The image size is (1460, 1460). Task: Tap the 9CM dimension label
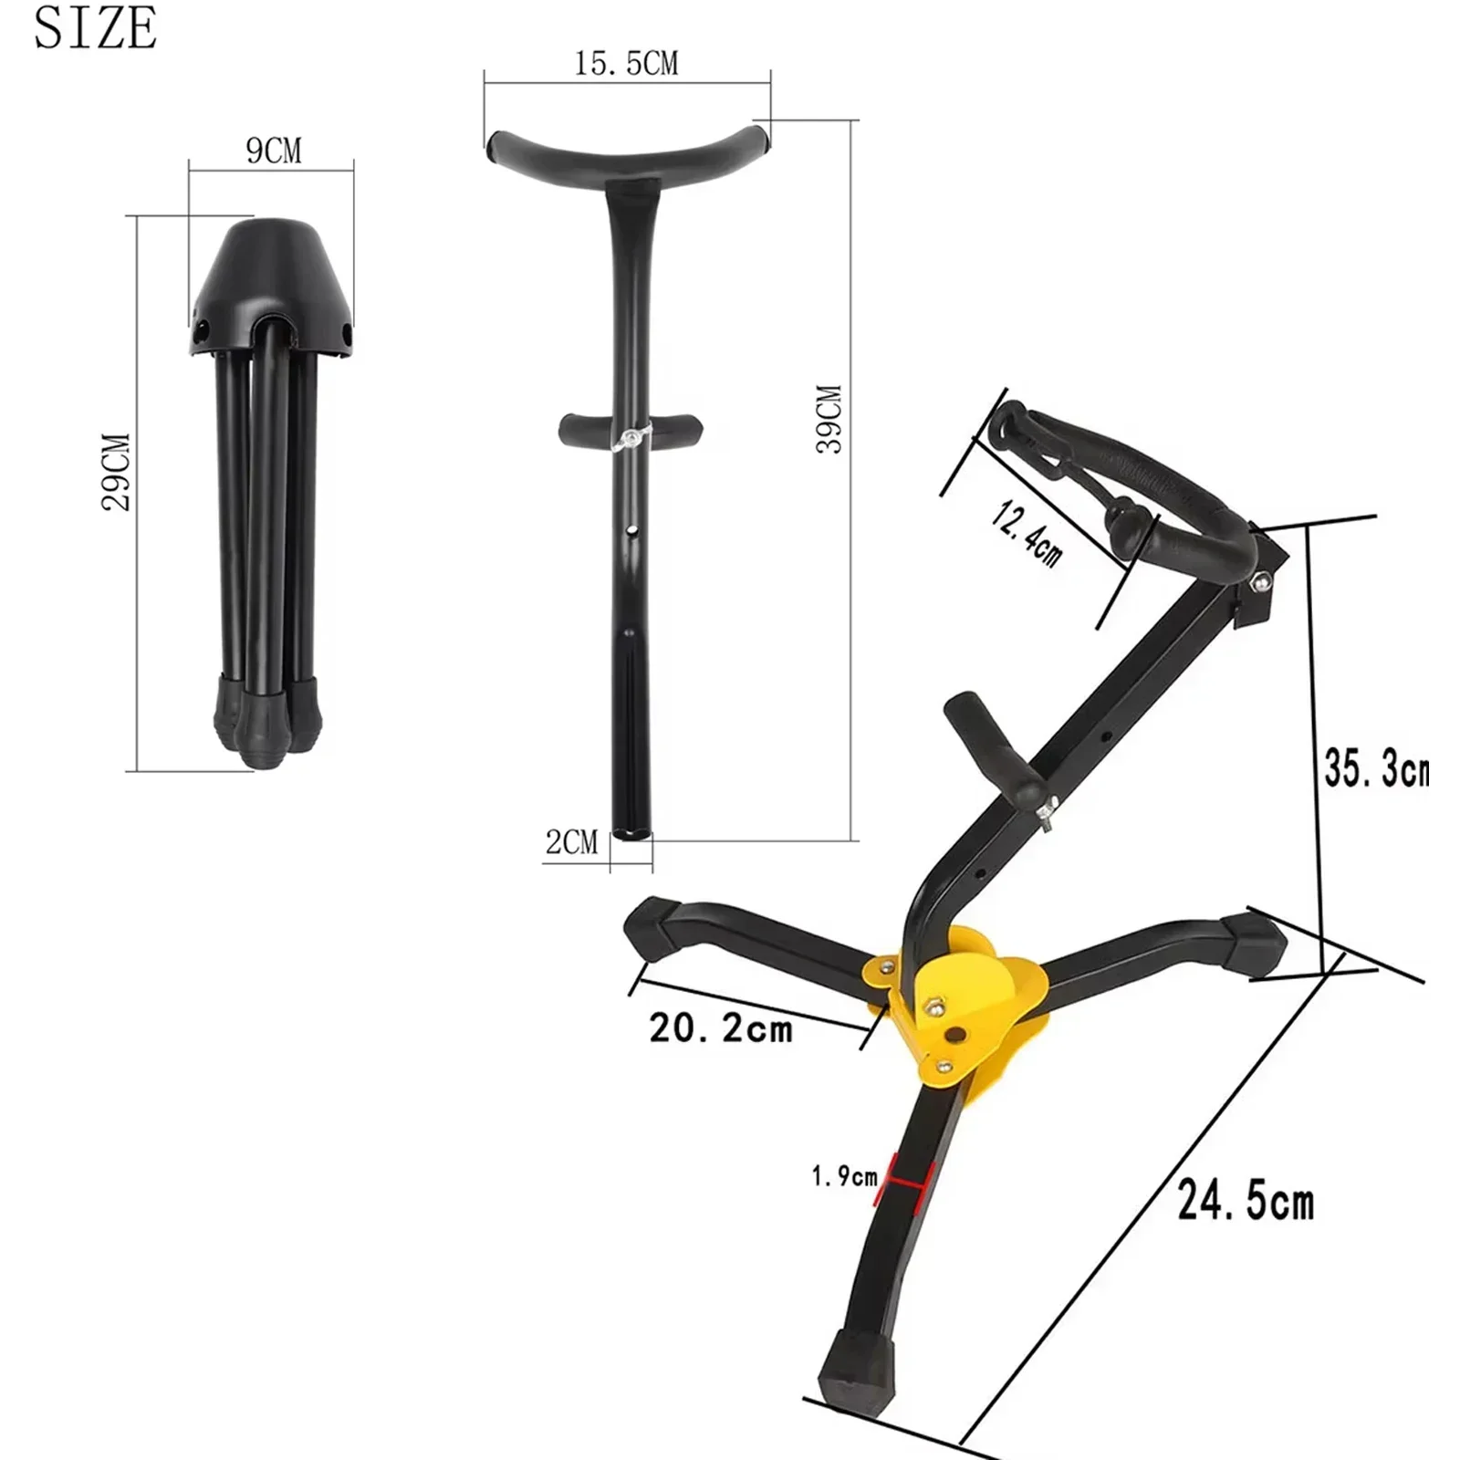(x=273, y=151)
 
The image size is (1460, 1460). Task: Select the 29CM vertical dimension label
(x=117, y=472)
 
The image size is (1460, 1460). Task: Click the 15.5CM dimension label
(x=626, y=64)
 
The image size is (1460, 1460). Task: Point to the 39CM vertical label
(x=829, y=419)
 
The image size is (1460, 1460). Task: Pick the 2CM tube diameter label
(x=572, y=841)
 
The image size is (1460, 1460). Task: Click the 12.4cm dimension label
(x=1027, y=534)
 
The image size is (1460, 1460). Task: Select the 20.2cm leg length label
(x=721, y=1028)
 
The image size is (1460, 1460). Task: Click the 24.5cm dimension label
(x=1246, y=1200)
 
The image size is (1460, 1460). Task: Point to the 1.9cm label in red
(x=844, y=1177)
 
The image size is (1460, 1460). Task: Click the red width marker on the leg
(x=902, y=1182)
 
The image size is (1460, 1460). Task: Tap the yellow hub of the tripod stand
(x=967, y=1004)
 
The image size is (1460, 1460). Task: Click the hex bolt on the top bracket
(x=1261, y=580)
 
